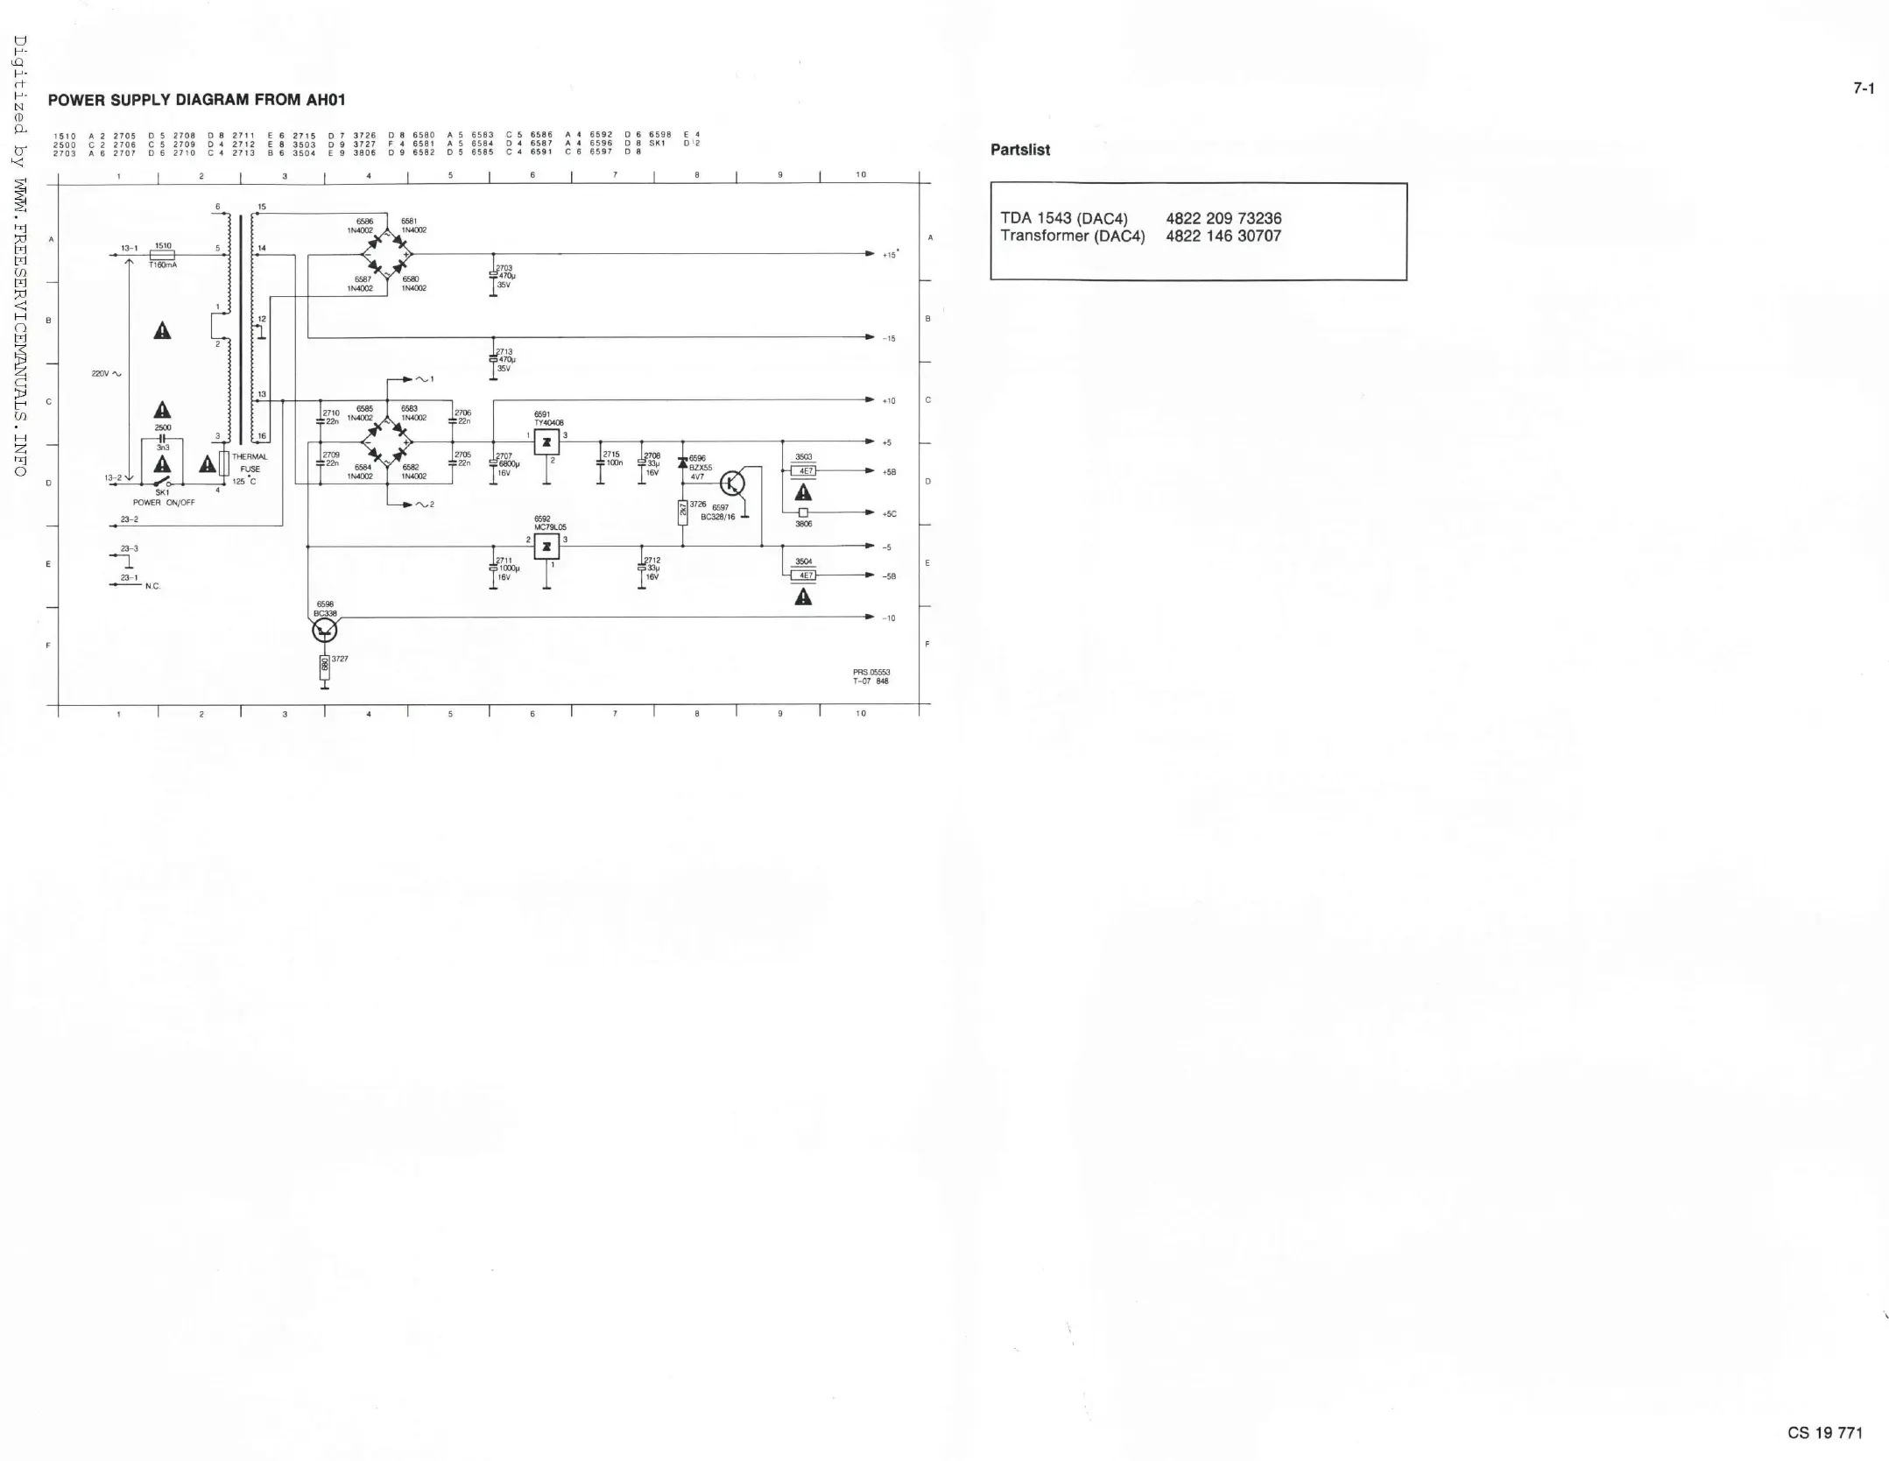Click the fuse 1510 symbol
tap(163, 255)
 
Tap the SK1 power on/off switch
tap(162, 482)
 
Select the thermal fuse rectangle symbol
tap(224, 463)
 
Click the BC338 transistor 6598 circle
tap(325, 629)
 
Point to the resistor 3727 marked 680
tap(325, 665)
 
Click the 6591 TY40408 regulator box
tap(546, 442)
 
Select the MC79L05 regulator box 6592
tap(546, 547)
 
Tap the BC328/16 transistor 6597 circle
tap(733, 483)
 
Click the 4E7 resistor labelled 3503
tap(803, 471)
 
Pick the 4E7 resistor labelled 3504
tap(803, 575)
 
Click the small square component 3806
tap(803, 512)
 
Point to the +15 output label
tap(890, 255)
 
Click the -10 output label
tap(888, 618)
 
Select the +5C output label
tap(890, 514)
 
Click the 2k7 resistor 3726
tap(682, 511)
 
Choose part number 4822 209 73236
tap(1223, 219)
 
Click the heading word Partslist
tap(1019, 150)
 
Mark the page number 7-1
tap(1863, 88)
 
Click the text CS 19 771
tap(1825, 1433)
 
